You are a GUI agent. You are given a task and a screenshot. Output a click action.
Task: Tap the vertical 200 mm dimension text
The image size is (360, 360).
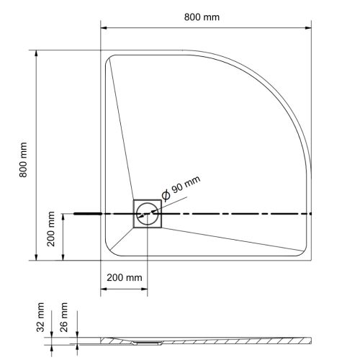coord(52,230)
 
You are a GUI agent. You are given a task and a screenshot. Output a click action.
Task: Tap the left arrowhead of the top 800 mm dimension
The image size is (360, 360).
coord(102,29)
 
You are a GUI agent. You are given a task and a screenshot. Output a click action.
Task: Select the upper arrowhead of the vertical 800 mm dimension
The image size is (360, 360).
coord(35,55)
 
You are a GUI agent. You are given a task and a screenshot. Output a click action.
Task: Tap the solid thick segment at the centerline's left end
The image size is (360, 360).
coord(86,213)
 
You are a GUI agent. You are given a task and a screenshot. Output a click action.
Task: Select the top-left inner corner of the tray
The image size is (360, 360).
coord(109,59)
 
